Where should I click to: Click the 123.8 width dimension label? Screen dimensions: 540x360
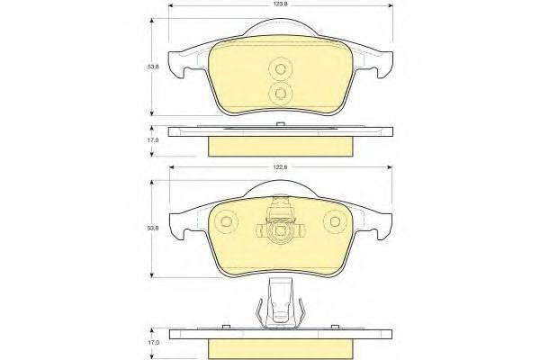[x=280, y=4]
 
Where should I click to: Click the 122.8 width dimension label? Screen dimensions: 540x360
[x=280, y=167]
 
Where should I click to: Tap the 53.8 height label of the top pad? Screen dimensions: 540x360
[x=153, y=67]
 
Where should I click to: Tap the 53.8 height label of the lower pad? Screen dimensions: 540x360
[x=153, y=228]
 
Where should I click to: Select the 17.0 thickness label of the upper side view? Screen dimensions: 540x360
[x=153, y=140]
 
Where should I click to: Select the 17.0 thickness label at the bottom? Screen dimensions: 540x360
[x=153, y=343]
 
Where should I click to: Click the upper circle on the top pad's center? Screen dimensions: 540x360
[x=280, y=69]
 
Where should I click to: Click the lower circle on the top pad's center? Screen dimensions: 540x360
[x=280, y=94]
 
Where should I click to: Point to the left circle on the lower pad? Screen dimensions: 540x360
[x=226, y=221]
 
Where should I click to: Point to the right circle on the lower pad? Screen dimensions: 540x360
[x=335, y=221]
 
